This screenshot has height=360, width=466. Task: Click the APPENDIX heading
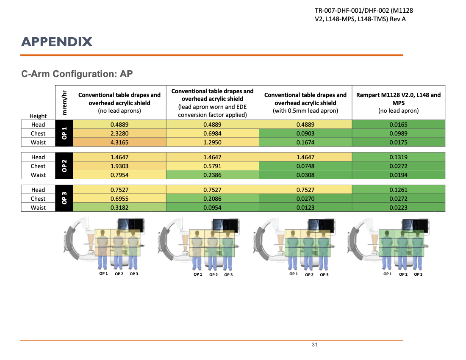click(x=57, y=42)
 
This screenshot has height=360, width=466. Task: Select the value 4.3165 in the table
click(x=119, y=142)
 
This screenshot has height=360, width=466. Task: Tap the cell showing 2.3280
click(x=119, y=133)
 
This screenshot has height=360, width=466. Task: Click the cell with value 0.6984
click(x=212, y=133)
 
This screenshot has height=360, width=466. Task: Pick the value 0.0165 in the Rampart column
click(x=398, y=125)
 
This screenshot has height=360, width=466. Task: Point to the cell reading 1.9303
click(x=119, y=166)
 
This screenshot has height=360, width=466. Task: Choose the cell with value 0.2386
click(x=212, y=175)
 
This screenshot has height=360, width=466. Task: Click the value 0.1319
click(x=398, y=157)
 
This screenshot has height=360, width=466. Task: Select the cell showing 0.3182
click(x=119, y=208)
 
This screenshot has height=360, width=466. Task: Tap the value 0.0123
click(x=305, y=208)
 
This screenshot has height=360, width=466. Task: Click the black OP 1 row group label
click(x=64, y=133)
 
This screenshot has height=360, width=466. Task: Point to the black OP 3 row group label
click(x=64, y=199)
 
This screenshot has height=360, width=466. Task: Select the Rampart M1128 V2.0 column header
click(x=398, y=102)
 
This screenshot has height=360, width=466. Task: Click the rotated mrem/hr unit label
click(x=64, y=102)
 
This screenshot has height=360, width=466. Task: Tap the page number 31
click(x=314, y=345)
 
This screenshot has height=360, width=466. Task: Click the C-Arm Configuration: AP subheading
click(x=77, y=74)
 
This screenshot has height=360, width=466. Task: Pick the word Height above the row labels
click(x=38, y=116)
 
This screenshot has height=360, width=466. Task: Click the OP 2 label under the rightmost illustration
click(x=403, y=274)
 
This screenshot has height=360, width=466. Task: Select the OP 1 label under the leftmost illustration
click(x=104, y=274)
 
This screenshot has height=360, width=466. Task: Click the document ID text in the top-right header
click(x=358, y=15)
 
